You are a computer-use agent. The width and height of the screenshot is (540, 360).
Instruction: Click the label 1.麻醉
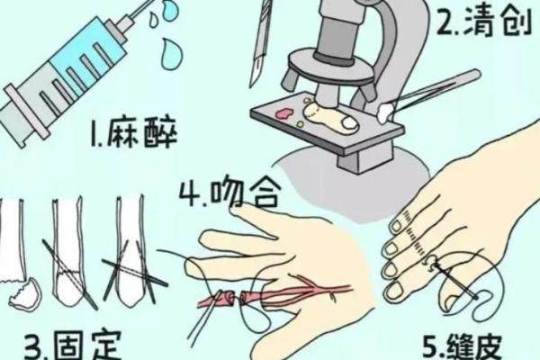[133, 134]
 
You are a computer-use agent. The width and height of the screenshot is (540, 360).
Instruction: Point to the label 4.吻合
[229, 193]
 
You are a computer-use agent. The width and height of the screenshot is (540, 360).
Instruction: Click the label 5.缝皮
[463, 346]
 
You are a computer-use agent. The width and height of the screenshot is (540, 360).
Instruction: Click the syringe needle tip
[152, 2]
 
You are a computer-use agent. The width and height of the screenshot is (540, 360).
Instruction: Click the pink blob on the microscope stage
[284, 114]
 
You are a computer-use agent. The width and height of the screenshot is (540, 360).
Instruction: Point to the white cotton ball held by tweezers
[386, 111]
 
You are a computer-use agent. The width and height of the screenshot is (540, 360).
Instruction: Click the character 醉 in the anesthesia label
[160, 134]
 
